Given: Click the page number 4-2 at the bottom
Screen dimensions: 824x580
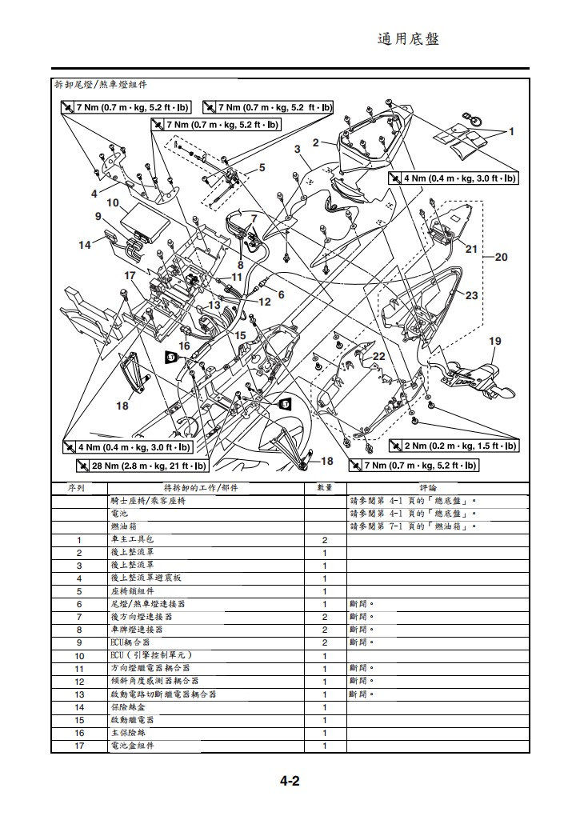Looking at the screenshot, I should click(x=289, y=782).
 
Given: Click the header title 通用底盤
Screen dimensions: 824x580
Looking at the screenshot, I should click(x=408, y=39).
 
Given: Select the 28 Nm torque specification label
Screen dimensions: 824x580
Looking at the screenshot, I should click(x=142, y=466).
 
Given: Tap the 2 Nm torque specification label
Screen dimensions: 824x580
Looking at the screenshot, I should click(x=453, y=446).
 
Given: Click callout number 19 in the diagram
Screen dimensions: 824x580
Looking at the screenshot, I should click(x=495, y=342).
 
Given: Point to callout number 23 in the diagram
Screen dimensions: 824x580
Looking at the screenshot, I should click(x=471, y=296).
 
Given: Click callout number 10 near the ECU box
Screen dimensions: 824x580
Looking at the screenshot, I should click(x=113, y=203).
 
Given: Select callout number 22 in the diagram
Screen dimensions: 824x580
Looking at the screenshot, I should click(x=378, y=356).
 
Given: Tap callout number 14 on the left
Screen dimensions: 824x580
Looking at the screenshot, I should click(x=85, y=245).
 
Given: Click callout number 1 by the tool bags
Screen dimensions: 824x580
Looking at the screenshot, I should click(x=512, y=130).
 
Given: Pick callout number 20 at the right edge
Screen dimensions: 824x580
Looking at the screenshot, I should click(x=502, y=257).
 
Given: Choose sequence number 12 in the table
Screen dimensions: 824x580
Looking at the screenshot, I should click(x=79, y=681).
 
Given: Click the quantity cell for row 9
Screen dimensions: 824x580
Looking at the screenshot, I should click(x=324, y=642).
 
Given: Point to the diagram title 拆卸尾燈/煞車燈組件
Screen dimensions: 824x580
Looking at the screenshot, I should click(x=100, y=84).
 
